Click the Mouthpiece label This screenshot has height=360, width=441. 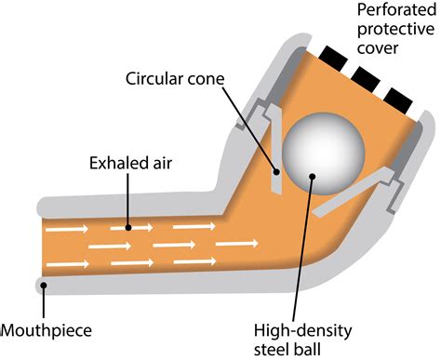click(x=49, y=329)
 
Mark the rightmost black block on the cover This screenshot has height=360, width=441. click(x=397, y=96)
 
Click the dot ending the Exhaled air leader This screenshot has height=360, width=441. click(x=128, y=225)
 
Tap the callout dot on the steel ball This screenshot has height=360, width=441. click(x=312, y=173)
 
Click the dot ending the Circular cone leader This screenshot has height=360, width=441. click(x=275, y=169)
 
